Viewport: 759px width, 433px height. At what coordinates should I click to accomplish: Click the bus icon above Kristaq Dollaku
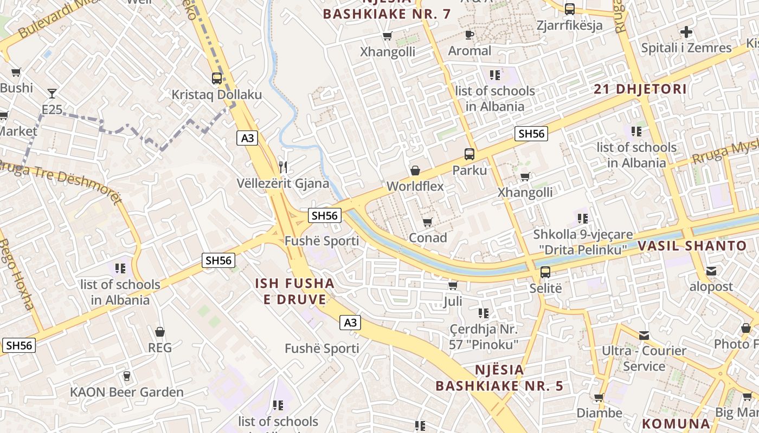pyautogui.click(x=217, y=78)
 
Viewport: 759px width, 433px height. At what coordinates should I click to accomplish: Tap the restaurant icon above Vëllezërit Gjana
pyautogui.click(x=282, y=167)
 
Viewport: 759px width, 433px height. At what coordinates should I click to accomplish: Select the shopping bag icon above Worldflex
pyautogui.click(x=415, y=170)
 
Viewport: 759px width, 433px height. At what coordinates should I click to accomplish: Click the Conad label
pyautogui.click(x=428, y=238)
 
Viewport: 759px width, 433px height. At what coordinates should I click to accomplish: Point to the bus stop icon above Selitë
pyautogui.click(x=545, y=272)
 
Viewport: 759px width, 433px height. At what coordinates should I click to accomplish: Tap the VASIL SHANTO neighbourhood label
pyautogui.click(x=692, y=246)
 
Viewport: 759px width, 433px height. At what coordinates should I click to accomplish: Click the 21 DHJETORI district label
pyautogui.click(x=640, y=89)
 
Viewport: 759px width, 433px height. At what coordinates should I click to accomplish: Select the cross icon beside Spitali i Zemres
pyautogui.click(x=686, y=32)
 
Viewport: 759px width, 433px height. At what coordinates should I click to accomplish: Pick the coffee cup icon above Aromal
pyautogui.click(x=469, y=35)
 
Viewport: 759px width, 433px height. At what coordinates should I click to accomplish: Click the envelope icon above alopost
pyautogui.click(x=711, y=271)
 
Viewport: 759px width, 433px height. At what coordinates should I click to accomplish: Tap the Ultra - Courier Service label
pyautogui.click(x=644, y=358)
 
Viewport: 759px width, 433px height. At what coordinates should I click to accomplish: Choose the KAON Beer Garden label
pyautogui.click(x=127, y=392)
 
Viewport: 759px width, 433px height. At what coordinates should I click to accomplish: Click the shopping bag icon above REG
pyautogui.click(x=160, y=331)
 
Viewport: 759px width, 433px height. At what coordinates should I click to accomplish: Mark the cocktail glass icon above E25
pyautogui.click(x=52, y=94)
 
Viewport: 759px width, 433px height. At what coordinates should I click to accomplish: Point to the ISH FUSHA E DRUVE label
pyautogui.click(x=294, y=291)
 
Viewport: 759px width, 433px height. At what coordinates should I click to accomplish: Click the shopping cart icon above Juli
pyautogui.click(x=453, y=285)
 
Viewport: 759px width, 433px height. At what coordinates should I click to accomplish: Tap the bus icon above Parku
pyautogui.click(x=469, y=154)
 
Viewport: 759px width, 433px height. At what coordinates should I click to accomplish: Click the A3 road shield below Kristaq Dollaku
pyautogui.click(x=247, y=138)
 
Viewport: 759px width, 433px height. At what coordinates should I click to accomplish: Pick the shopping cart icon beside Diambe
pyautogui.click(x=599, y=397)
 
